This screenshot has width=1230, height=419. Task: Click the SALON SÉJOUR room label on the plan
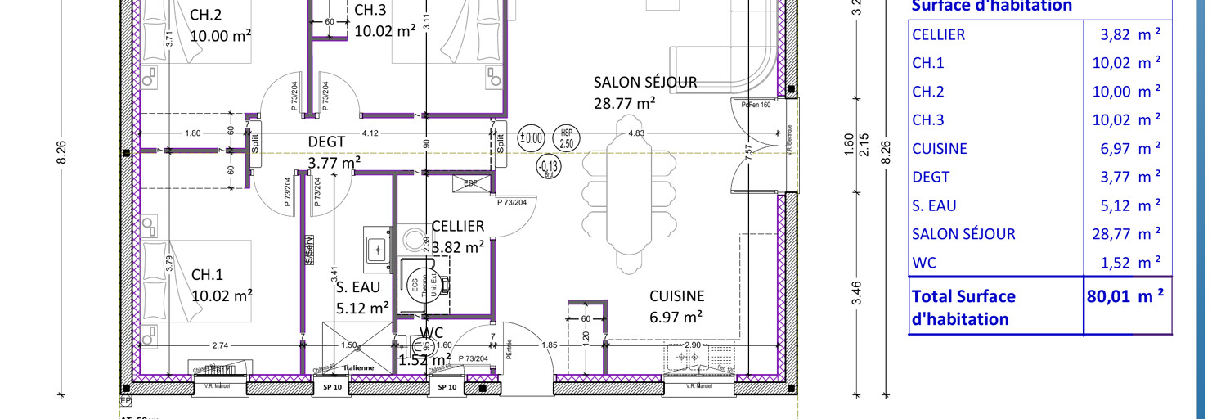pos(644,82)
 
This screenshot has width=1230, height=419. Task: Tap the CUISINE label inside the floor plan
pos(676,296)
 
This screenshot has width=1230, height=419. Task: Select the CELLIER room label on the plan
pos(458,226)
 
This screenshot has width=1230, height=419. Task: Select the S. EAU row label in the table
pos(934,205)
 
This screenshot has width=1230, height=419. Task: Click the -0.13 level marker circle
pos(547,167)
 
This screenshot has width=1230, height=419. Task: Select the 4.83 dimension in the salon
pos(635,133)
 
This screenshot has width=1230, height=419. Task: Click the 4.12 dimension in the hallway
pos(370,133)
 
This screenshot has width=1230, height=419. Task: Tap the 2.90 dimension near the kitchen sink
pos(692,346)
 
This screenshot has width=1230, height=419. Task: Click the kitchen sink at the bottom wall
pos(700,359)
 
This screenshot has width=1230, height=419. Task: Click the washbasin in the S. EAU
pos(378,246)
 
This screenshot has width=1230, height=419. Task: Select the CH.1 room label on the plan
pos(207,274)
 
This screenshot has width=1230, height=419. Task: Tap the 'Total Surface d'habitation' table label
pos(963,307)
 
